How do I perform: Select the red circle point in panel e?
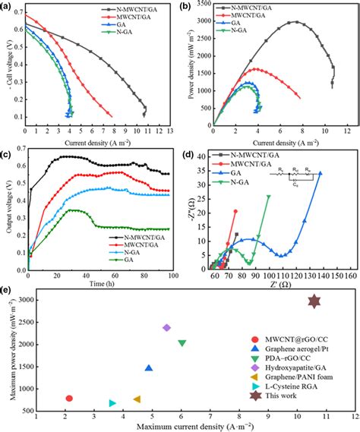tap(69, 398)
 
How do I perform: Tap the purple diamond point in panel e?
tap(166, 327)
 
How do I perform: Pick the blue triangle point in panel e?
tap(149, 368)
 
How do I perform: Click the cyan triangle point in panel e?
tap(112, 403)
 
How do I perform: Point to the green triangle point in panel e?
tap(182, 343)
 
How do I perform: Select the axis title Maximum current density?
tap(186, 427)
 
